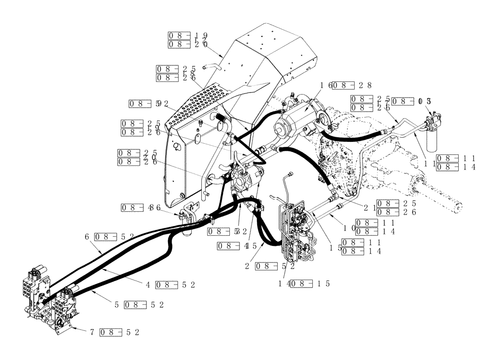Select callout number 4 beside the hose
(x=148, y=285)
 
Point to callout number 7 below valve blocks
(x=92, y=332)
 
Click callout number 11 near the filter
(x=431, y=162)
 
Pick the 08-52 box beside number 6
(x=113, y=236)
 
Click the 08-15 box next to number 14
(x=310, y=283)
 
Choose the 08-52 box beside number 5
(x=144, y=305)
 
